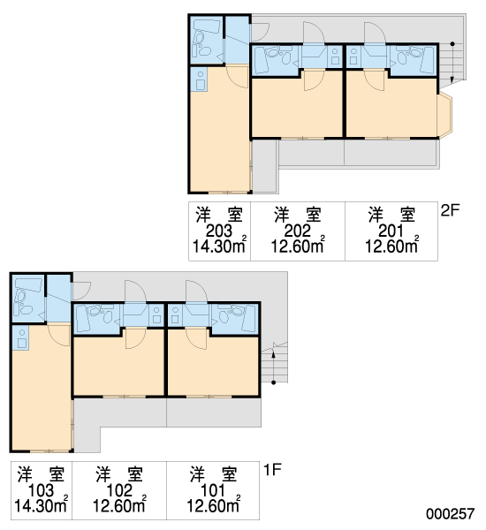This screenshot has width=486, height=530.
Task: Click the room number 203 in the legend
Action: click(x=219, y=231)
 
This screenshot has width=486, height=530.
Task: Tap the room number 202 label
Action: click(x=297, y=231)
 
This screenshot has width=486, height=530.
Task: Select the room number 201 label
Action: click(x=391, y=231)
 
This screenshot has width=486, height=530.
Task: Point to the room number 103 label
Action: click(x=41, y=491)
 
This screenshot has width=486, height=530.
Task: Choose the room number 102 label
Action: click(x=119, y=491)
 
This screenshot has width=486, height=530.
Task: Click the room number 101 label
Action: click(x=213, y=491)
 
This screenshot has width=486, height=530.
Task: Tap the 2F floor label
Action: click(x=450, y=210)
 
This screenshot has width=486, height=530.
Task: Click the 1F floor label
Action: click(x=272, y=470)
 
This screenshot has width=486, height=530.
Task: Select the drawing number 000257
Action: click(x=450, y=514)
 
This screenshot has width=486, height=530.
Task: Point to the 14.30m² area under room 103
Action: click(x=41, y=504)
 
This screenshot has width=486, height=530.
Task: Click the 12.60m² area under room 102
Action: click(x=119, y=504)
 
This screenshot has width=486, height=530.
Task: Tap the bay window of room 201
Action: click(x=444, y=114)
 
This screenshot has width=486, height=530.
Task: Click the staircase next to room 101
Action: click(x=274, y=363)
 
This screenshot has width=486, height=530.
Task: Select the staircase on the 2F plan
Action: click(x=452, y=63)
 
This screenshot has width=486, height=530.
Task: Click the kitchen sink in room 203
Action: click(x=201, y=80)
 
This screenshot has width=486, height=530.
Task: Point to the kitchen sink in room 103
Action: click(x=22, y=338)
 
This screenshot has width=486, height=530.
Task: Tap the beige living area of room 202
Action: click(x=297, y=108)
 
